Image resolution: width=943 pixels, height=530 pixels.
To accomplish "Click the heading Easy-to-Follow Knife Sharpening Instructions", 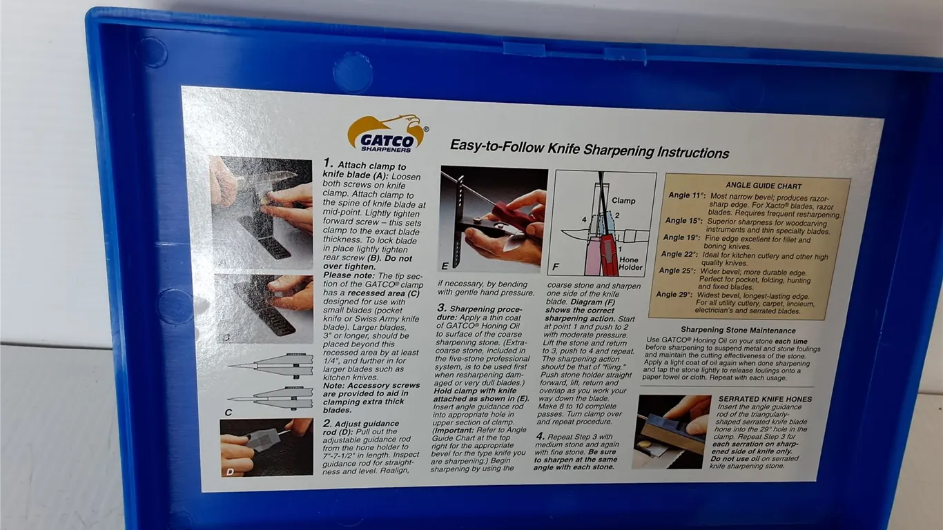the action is [590, 149].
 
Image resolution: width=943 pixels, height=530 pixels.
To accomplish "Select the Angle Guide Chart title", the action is [764, 186].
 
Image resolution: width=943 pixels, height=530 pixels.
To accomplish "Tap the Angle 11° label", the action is [687, 195].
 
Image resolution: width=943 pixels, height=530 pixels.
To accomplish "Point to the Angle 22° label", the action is [679, 254].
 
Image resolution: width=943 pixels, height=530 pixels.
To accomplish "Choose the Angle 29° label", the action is [674, 294].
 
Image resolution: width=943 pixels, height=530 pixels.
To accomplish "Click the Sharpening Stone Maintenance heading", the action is [738, 331].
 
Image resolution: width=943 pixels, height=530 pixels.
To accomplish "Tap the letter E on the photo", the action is [445, 266].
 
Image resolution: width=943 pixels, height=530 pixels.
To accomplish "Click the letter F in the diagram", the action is [556, 267].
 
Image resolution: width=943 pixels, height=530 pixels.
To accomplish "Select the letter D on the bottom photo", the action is [230, 472].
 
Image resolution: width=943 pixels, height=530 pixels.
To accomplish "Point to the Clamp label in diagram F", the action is [623, 201].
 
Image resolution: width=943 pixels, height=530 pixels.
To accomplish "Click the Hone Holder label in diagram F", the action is [630, 264].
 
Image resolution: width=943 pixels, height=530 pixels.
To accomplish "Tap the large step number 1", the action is [328, 164].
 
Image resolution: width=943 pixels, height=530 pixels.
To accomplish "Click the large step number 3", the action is [442, 308].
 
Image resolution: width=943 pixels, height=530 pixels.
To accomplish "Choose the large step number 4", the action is [541, 436].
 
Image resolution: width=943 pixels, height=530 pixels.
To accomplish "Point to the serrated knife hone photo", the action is [672, 431].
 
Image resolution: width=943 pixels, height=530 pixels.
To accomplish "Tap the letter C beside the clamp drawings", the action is [229, 413].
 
